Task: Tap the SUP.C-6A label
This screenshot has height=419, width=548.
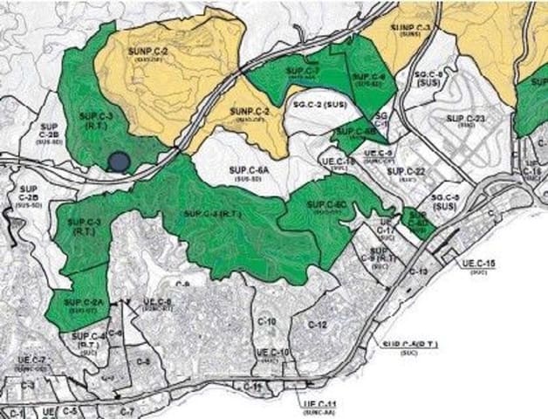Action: coord(249,170)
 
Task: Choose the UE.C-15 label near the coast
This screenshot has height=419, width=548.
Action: coord(479,263)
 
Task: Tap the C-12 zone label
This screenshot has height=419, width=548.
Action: coord(318,325)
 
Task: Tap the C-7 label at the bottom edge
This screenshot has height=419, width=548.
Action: coord(127,410)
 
